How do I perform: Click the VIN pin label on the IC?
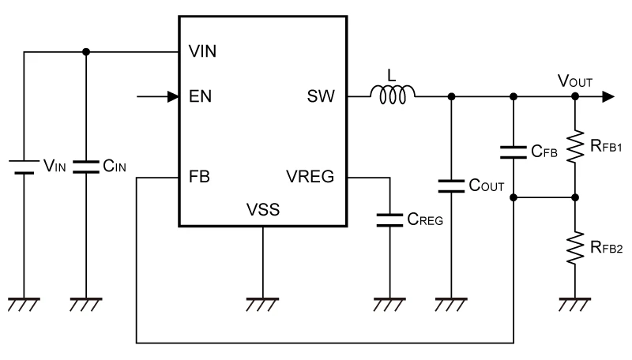(x=203, y=52)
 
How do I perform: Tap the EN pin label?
(x=200, y=97)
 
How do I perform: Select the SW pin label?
(x=321, y=97)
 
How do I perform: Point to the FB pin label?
(x=200, y=177)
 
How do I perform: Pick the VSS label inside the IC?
(x=262, y=211)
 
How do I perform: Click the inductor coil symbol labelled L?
(x=393, y=96)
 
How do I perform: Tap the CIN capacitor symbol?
(x=85, y=167)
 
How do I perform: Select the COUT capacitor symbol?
(x=451, y=186)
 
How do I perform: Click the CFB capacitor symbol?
(x=514, y=150)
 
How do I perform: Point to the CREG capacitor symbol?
(x=389, y=218)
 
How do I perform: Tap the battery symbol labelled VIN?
(x=24, y=167)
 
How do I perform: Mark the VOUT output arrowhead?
(x=607, y=96)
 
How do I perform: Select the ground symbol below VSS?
(x=262, y=304)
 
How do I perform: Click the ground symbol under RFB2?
(x=575, y=304)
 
